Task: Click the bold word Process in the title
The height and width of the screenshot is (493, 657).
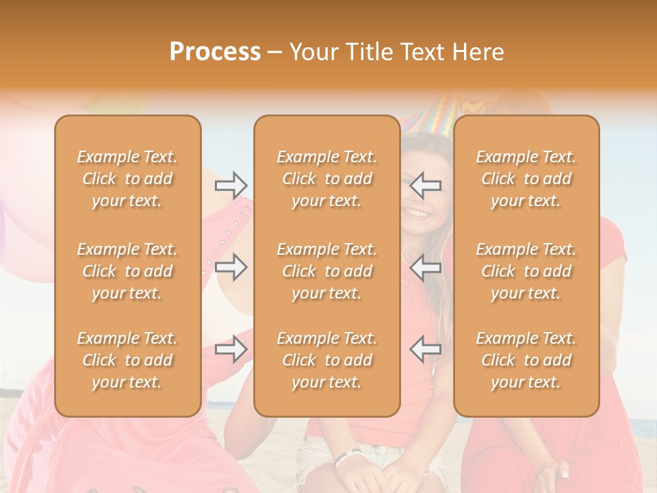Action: point(215,51)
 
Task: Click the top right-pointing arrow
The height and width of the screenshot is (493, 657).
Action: point(231,185)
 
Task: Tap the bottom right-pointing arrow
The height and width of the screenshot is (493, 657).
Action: point(231,349)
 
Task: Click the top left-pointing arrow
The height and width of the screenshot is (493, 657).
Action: point(425,185)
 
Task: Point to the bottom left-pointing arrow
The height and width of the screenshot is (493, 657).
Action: point(425,349)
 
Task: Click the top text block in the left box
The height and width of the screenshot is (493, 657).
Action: point(127,179)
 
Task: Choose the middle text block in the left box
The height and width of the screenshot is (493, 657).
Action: point(127,271)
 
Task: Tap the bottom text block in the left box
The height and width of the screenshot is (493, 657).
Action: point(127,360)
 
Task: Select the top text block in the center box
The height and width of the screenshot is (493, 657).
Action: point(326,179)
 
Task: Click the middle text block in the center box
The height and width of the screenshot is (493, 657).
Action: point(326,271)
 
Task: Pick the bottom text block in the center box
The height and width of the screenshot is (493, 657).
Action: point(326,360)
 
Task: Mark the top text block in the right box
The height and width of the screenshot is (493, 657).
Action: point(526,179)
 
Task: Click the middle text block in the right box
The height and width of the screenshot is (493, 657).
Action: point(526,271)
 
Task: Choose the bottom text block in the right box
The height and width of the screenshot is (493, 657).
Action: point(526,360)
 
